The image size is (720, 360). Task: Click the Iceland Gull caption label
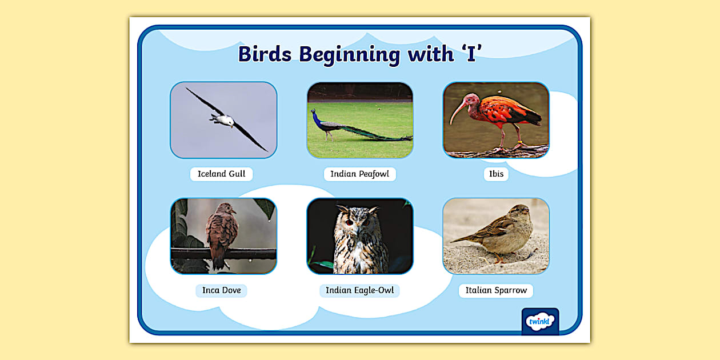221,174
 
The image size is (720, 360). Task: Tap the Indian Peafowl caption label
359,174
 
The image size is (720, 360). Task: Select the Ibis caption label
496,174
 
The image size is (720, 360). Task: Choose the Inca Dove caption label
221,290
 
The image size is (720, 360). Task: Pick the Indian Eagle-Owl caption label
359,290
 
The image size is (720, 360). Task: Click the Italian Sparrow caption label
496,290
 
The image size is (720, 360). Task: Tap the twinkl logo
540,321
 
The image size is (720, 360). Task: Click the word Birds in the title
265,54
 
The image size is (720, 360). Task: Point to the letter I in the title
471,54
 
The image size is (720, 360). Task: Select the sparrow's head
521,213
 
